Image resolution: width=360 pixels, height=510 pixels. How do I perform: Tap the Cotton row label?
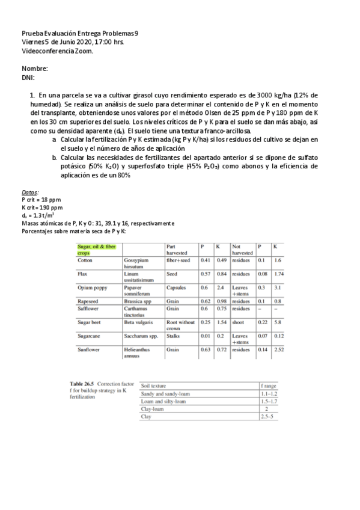pyautogui.click(x=85, y=260)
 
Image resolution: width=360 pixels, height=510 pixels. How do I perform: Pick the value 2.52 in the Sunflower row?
pyautogui.click(x=278, y=349)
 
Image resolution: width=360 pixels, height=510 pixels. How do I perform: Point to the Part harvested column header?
pyautogui.click(x=178, y=250)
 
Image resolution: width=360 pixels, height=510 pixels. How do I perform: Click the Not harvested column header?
pyautogui.click(x=241, y=250)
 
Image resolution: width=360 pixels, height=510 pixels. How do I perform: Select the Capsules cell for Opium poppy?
pyautogui.click(x=176, y=287)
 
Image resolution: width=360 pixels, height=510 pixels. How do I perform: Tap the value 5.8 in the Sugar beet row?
pyautogui.click(x=276, y=322)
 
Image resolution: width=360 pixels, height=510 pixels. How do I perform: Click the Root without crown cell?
pyautogui.click(x=179, y=325)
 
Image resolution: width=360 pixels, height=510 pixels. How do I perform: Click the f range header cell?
pyautogui.click(x=267, y=386)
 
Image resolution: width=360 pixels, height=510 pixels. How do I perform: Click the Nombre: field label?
pyautogui.click(x=35, y=69)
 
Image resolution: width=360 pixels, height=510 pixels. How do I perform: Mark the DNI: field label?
pyautogui.click(x=28, y=77)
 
